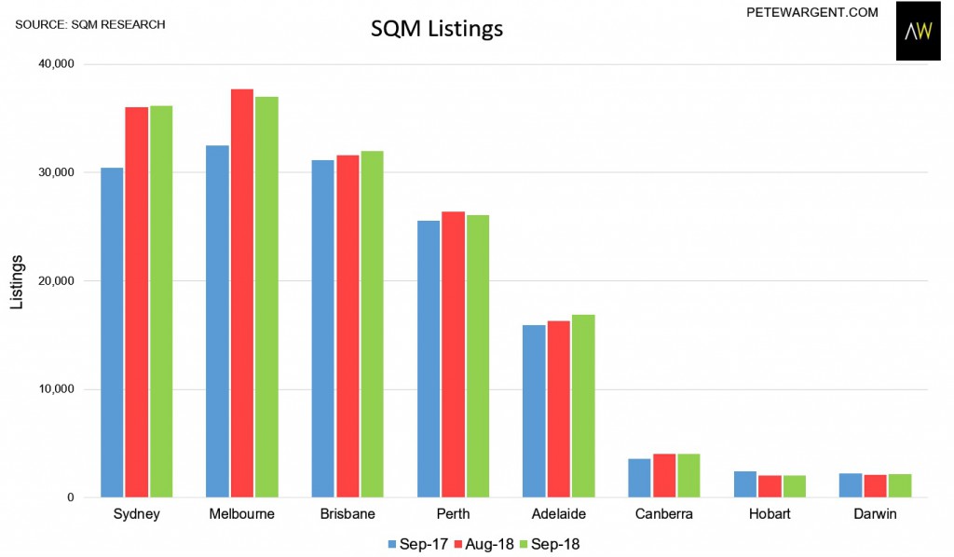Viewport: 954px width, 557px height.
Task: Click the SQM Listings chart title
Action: [x=437, y=29]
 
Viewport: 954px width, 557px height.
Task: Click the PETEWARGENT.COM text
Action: [x=799, y=12]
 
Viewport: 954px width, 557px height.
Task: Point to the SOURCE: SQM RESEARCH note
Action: [x=90, y=23]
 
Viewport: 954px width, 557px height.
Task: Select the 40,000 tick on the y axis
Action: [x=57, y=64]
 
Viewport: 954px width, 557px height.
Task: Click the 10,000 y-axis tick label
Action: [x=57, y=389]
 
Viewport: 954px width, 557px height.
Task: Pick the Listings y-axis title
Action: [x=16, y=280]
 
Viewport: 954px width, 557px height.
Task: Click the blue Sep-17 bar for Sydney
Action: [x=112, y=333]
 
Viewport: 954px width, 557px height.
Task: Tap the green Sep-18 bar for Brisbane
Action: [x=372, y=324]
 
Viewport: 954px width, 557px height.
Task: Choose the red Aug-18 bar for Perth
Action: [x=453, y=354]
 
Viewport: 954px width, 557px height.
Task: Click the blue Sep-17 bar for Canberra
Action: [x=639, y=478]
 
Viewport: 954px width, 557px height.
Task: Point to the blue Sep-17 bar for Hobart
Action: [x=744, y=484]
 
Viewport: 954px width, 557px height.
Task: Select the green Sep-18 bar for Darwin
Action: [x=900, y=485]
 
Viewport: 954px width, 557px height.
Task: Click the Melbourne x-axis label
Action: [x=240, y=514]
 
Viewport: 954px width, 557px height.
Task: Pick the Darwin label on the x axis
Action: [x=875, y=514]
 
